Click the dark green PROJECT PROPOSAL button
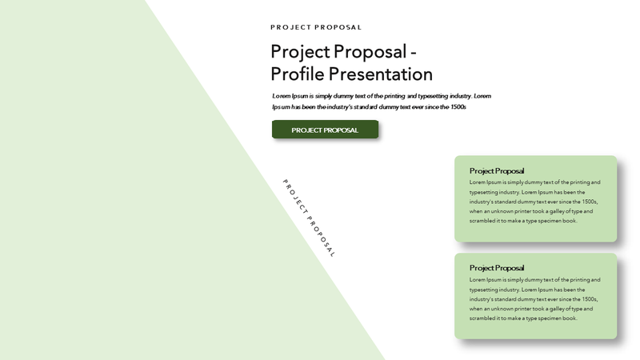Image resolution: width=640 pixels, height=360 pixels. pos(325,130)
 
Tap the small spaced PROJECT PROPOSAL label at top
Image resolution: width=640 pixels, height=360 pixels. pos(316,27)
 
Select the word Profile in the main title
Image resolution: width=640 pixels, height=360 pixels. pos(297,74)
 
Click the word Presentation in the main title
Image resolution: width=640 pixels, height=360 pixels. pos(381,74)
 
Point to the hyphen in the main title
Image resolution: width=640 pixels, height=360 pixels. pos(413,53)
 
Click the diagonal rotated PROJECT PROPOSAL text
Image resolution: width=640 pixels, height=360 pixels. pos(309,218)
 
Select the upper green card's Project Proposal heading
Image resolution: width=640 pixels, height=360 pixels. pos(497,170)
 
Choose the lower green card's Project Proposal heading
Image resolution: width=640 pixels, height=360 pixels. pos(497,268)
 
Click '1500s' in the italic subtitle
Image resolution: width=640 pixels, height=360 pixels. pos(458,107)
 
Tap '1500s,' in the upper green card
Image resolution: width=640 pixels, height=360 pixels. pos(590,202)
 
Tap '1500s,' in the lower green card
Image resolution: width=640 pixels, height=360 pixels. pos(590,299)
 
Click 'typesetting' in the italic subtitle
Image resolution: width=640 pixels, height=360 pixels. pos(433,96)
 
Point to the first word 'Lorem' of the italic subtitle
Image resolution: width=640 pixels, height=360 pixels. pos(282,96)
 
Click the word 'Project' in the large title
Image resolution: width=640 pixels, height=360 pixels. pos(300,52)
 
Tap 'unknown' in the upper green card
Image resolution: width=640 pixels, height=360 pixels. pos(502,211)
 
